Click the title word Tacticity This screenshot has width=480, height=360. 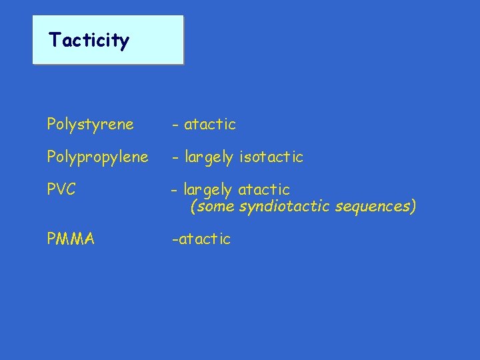point(89,41)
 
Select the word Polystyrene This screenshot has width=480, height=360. point(90,125)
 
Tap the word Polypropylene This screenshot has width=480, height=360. point(98,158)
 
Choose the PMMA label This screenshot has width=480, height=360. point(71,239)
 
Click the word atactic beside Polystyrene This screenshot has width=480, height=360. point(210,125)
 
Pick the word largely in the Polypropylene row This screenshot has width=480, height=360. point(209,158)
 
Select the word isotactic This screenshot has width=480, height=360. point(271,157)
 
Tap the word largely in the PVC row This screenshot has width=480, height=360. point(208,191)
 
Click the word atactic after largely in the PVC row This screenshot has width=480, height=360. point(264,191)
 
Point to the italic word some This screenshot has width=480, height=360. point(215,207)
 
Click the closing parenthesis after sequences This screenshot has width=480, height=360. point(413,207)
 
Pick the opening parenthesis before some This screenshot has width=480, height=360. point(193,207)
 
